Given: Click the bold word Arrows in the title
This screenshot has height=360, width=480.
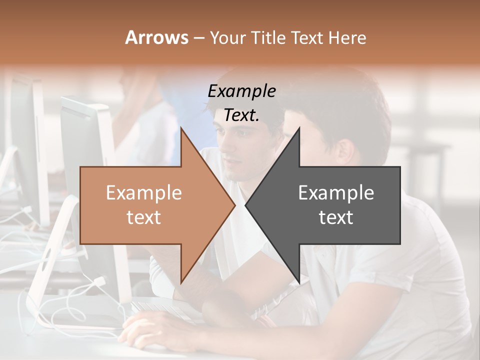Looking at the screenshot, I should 156,37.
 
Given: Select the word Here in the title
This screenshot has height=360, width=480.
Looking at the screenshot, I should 347,37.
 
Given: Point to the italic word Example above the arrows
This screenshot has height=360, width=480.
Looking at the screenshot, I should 241,91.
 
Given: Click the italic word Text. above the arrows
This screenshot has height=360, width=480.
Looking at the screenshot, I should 241,115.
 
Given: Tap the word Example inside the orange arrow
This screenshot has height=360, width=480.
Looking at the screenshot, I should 143,193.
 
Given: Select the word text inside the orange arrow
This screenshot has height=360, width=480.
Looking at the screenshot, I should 143,217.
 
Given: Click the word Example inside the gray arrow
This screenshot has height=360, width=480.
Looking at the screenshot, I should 336,193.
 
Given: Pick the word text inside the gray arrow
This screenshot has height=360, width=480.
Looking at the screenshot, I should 336,217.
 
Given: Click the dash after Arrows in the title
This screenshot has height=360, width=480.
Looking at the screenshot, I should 198,38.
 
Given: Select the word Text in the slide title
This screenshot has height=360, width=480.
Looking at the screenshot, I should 307,37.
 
